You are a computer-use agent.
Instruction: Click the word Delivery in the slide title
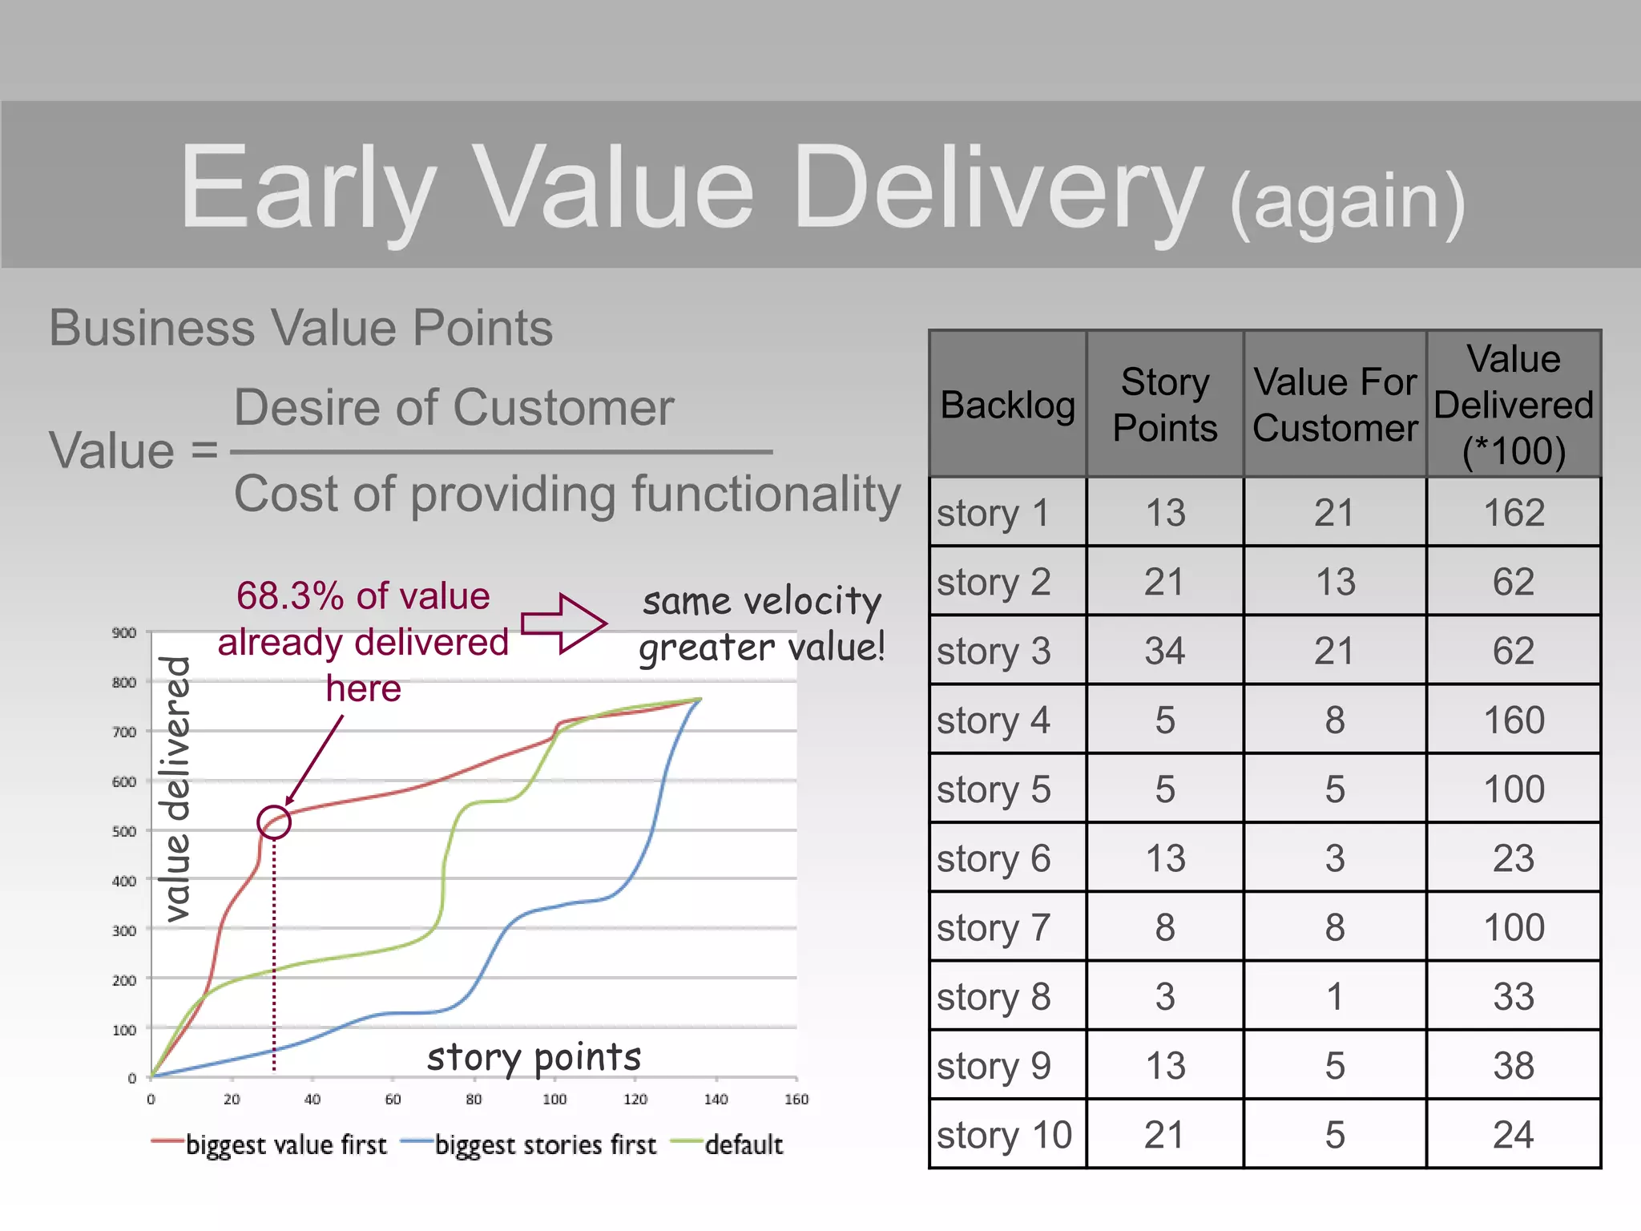click(997, 188)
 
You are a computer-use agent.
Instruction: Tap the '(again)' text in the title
click(1348, 202)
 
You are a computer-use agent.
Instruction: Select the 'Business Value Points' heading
click(300, 328)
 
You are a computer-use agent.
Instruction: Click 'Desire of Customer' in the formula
click(454, 408)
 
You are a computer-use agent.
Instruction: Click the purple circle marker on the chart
click(274, 822)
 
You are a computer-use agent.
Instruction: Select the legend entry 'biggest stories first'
click(545, 1144)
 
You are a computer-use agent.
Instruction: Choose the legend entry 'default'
click(743, 1144)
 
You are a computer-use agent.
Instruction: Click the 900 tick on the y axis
click(124, 633)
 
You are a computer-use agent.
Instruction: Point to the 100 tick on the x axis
click(554, 1100)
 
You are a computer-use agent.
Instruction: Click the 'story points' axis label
click(534, 1057)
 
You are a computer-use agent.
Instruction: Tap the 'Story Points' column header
click(1164, 405)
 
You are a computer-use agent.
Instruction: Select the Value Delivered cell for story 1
click(1513, 513)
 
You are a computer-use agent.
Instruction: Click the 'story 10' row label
click(1004, 1135)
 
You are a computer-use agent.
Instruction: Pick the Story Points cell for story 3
click(1164, 651)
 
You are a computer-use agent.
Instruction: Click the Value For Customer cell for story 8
click(1334, 997)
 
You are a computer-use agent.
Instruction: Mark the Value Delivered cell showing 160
click(1513, 720)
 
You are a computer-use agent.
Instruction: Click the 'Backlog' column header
click(1007, 405)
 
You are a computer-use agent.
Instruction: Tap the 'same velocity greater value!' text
click(761, 624)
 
